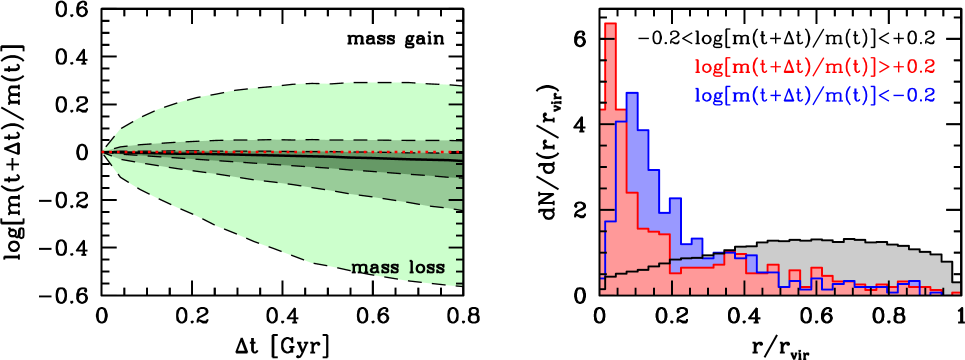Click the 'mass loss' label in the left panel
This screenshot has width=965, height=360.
pos(397,268)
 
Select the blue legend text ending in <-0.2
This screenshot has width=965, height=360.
pos(815,95)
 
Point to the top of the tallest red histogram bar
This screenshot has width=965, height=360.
pos(610,24)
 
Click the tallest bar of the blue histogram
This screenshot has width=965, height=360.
pos(631,96)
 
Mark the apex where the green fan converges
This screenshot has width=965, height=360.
pos(104,152)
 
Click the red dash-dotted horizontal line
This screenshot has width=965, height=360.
pos(300,153)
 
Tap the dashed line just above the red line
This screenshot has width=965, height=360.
pos(300,142)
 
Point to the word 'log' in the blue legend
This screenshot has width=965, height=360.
pos(708,95)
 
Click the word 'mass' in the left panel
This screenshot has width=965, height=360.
pos(372,268)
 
